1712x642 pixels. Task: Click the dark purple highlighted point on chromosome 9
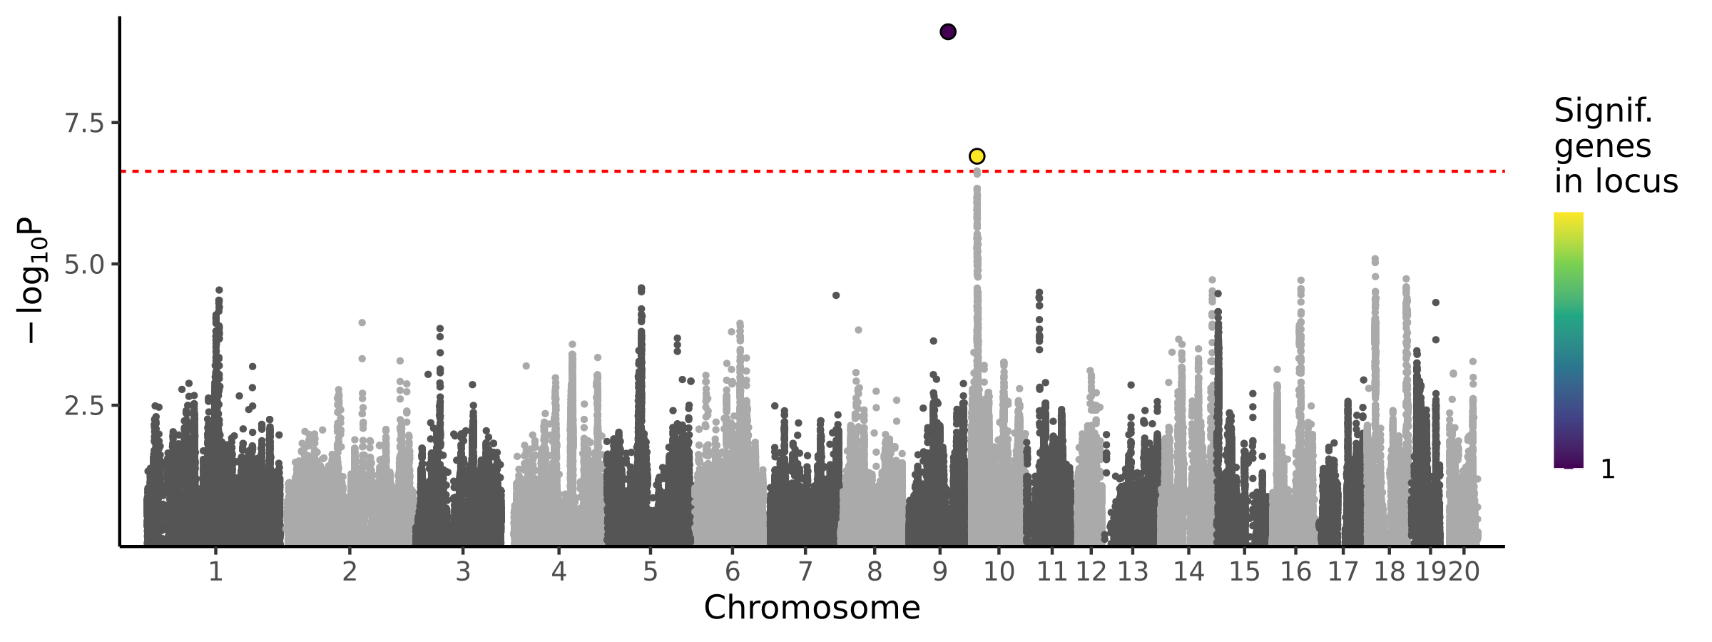pos(947,32)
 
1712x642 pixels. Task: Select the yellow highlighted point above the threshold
pos(977,156)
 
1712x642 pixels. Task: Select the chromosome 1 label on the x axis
pos(215,572)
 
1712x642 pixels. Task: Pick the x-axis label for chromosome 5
pos(650,572)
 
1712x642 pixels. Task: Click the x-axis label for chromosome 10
pos(999,572)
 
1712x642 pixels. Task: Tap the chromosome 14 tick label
pos(1188,572)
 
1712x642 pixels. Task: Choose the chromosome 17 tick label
pos(1343,572)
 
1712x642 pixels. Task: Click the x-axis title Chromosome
pos(812,608)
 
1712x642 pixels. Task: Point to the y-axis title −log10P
pos(32,280)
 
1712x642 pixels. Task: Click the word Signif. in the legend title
pos(1603,111)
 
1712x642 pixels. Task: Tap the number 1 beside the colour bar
pos(1608,469)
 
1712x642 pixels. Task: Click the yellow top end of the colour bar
pos(1568,218)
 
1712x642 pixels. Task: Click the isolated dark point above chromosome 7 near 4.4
pos(836,295)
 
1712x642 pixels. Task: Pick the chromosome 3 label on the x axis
pos(463,572)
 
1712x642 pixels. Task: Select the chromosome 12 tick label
pos(1091,572)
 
